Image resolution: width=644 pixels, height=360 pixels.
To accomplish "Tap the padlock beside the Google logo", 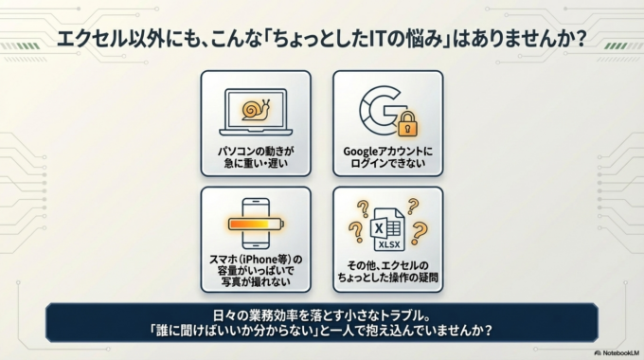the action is [x=407, y=122].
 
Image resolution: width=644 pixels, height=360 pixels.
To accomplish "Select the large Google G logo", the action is [x=382, y=109].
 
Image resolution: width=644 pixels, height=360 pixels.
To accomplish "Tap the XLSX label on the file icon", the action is [x=389, y=243].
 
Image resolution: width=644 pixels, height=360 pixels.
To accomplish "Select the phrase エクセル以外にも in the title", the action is [x=109, y=41].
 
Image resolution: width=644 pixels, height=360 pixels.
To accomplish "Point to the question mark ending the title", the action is [x=579, y=41].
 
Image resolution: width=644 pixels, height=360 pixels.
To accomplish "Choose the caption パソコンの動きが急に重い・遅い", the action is [x=255, y=157].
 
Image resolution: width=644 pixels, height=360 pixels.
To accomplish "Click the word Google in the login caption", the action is [x=363, y=151].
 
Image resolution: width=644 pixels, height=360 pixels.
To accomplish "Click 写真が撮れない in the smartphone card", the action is [x=255, y=282].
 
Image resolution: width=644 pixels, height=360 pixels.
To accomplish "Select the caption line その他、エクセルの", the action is [x=386, y=263].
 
